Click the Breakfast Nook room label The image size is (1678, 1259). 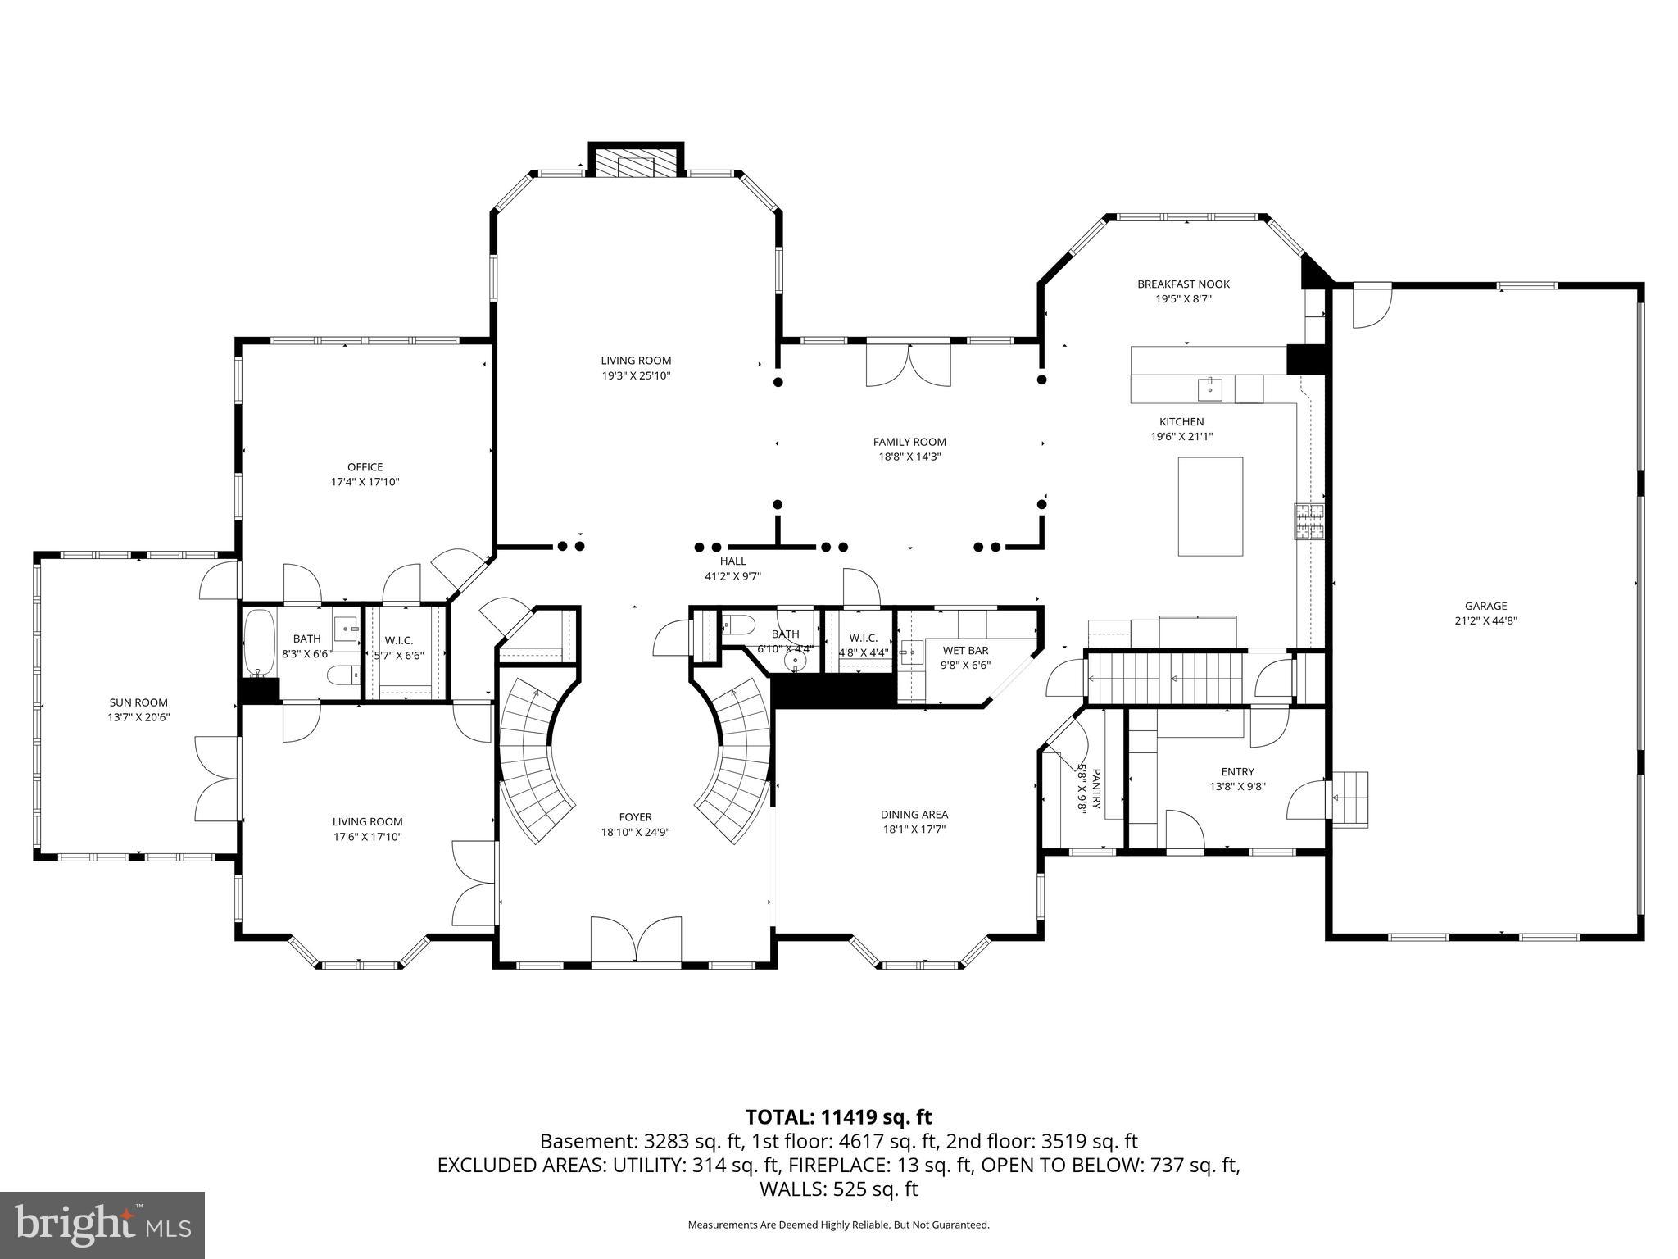[x=1183, y=284]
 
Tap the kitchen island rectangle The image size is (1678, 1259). [x=1210, y=507]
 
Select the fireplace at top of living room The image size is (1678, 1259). [x=636, y=161]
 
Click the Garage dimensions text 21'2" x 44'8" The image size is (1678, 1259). [x=1486, y=620]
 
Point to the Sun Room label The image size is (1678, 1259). [x=138, y=702]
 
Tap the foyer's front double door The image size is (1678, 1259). [x=636, y=941]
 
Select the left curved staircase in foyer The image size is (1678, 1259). [x=533, y=762]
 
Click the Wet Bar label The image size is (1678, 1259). [x=965, y=651]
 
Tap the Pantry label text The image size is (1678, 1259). [x=1095, y=788]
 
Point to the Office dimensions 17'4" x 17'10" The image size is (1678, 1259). [x=365, y=482]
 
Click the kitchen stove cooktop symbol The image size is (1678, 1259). [x=1308, y=521]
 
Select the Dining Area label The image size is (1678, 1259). [x=914, y=815]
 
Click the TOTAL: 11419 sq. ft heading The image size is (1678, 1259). [x=838, y=1116]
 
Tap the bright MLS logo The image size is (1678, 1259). [x=102, y=1225]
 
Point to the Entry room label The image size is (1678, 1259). [x=1237, y=771]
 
